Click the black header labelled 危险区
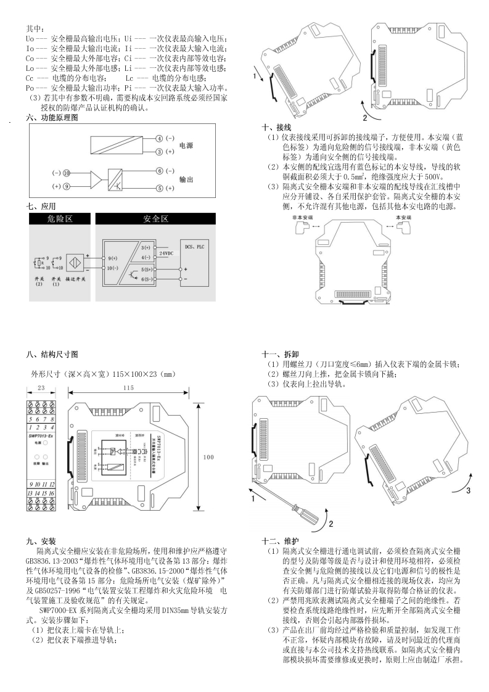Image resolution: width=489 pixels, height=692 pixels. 60,219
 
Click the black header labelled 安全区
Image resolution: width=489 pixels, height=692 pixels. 155,219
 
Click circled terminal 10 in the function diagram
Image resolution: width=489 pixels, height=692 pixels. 67,173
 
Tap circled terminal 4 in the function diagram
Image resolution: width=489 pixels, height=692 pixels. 159,139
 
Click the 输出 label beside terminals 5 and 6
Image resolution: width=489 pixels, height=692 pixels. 186,179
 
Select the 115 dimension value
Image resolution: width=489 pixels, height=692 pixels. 128,388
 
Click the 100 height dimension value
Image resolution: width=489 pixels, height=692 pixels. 208,457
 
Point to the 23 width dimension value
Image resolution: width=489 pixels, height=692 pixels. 42,388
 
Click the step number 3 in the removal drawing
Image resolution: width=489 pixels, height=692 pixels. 468,491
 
